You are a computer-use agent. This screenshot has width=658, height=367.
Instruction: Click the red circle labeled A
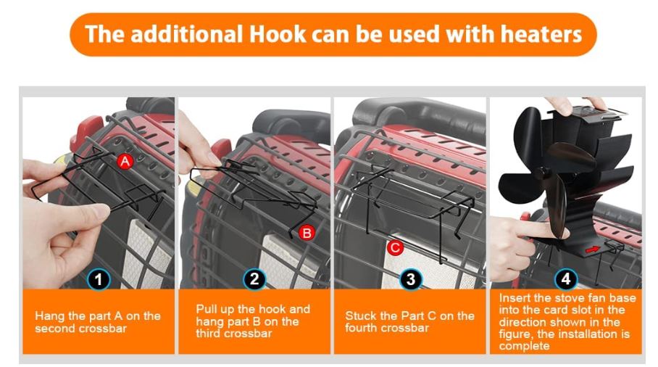click(x=125, y=161)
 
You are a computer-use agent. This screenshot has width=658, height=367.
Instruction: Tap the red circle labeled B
click(x=307, y=233)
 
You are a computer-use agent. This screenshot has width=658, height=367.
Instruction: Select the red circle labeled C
click(x=395, y=247)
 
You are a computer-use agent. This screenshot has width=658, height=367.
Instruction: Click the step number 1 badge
click(x=99, y=279)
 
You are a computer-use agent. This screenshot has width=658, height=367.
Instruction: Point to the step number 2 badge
click(x=254, y=279)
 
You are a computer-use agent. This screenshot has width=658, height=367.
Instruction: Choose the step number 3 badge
click(x=410, y=279)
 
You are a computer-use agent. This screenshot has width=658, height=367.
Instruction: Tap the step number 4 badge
click(x=566, y=279)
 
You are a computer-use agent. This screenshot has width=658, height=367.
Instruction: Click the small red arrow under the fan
click(x=593, y=250)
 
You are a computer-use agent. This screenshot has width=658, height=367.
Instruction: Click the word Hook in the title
click(x=278, y=34)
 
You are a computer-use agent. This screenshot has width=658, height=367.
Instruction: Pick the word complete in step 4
click(x=524, y=347)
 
